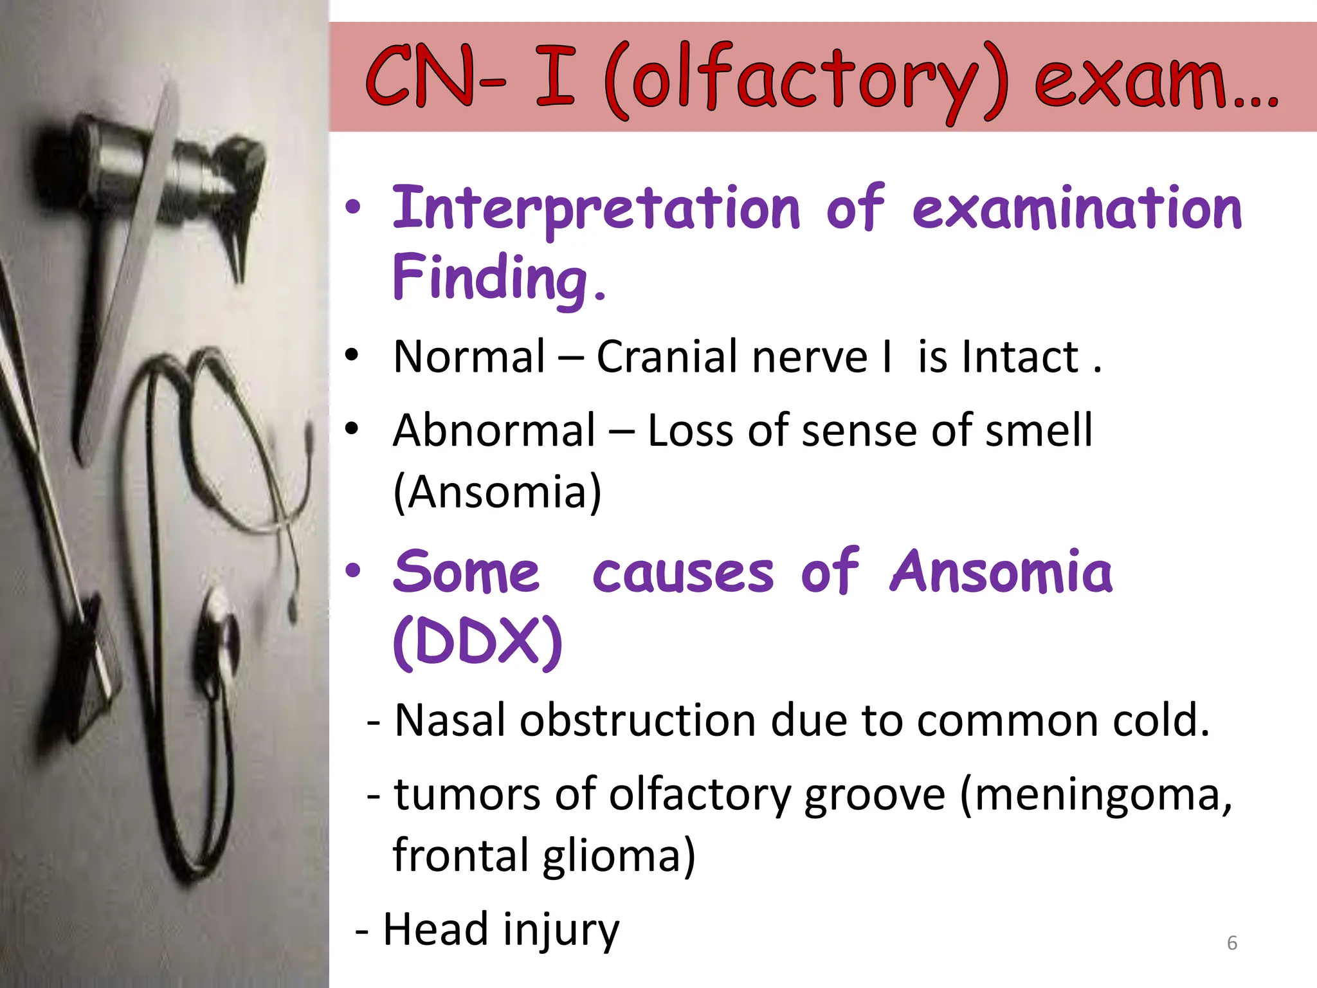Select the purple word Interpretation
click(595, 209)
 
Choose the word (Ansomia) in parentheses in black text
click(496, 492)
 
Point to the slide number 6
click(1232, 943)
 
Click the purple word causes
click(683, 572)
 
